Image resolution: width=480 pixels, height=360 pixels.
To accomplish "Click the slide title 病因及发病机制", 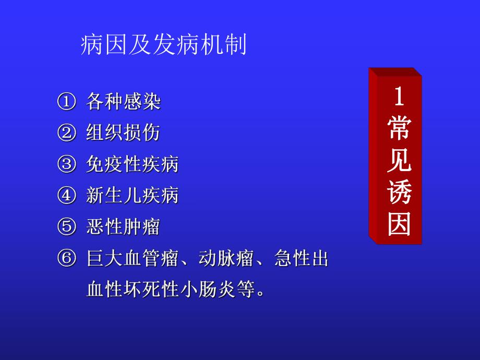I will tap(163, 46).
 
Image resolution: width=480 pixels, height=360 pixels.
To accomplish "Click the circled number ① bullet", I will tap(66, 102).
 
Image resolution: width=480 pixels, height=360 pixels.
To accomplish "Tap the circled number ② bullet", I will tap(66, 133).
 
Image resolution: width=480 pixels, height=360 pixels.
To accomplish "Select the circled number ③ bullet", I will tap(66, 164).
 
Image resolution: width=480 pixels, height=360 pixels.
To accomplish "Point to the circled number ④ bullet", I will tap(66, 196).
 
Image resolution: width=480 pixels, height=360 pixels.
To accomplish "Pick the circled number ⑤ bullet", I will tap(66, 227).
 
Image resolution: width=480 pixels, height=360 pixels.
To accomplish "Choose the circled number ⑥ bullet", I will tap(66, 258).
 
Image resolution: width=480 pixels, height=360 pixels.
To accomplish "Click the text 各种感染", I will tap(123, 102).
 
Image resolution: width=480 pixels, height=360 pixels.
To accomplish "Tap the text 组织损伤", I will tap(123, 133).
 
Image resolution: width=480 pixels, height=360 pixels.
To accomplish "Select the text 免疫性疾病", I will tap(133, 164).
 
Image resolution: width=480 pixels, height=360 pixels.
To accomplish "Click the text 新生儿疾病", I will tap(133, 196).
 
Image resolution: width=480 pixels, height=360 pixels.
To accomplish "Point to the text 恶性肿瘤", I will tap(123, 227).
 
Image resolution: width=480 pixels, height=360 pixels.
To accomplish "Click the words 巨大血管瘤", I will tap(133, 258).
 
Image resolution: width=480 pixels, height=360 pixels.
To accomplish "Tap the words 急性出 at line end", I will tap(301, 258).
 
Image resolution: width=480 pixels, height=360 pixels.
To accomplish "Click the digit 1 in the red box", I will tap(399, 98).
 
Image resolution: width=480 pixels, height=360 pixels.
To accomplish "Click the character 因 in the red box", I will tap(399, 225).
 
